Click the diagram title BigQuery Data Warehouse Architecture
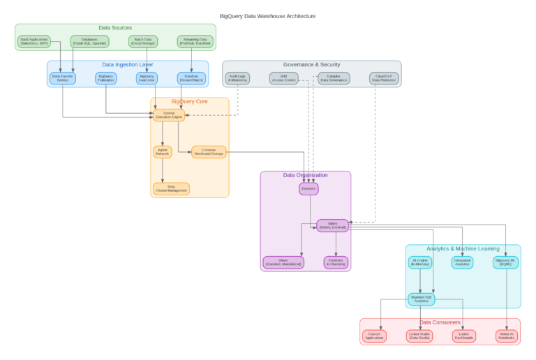[x=267, y=15]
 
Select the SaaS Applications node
[x=33, y=41]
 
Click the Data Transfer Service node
[x=63, y=78]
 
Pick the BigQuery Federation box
[x=106, y=78]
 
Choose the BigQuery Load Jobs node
[x=147, y=78]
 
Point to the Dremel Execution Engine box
[x=169, y=115]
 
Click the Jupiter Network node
[x=163, y=151]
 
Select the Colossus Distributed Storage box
[x=209, y=151]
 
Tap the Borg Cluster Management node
[x=171, y=188]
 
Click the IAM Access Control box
[x=283, y=78]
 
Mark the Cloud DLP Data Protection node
[x=382, y=78]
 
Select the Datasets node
[x=308, y=188]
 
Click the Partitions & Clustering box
[x=336, y=262]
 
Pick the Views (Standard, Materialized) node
[x=283, y=262]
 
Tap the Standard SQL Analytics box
[x=421, y=299]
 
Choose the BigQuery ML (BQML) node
[x=506, y=262]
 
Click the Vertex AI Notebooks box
[x=506, y=336]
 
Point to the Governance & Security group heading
[x=311, y=64]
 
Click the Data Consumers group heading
[x=440, y=322]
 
